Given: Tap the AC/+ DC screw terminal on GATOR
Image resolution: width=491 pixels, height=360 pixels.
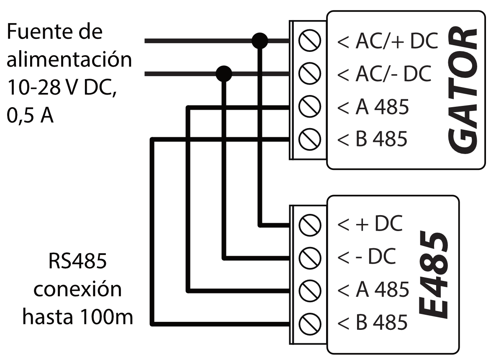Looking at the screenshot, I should (x=310, y=41).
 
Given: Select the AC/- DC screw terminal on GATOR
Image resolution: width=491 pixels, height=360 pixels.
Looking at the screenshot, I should (x=310, y=74).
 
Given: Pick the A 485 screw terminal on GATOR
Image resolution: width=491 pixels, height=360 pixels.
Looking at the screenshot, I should (x=310, y=106).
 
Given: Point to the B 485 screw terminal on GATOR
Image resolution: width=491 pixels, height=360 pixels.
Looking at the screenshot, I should (x=310, y=139).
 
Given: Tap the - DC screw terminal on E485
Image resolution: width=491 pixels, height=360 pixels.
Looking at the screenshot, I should (x=310, y=257).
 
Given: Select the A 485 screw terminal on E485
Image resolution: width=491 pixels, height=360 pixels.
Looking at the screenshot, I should (x=310, y=289).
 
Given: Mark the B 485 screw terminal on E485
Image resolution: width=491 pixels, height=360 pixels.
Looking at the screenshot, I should (x=310, y=321).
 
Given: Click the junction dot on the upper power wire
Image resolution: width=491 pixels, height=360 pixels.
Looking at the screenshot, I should (x=260, y=41).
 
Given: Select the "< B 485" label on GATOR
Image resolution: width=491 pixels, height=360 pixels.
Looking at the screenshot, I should (x=372, y=139).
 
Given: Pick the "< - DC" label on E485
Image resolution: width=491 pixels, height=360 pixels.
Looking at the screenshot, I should (x=366, y=257).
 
